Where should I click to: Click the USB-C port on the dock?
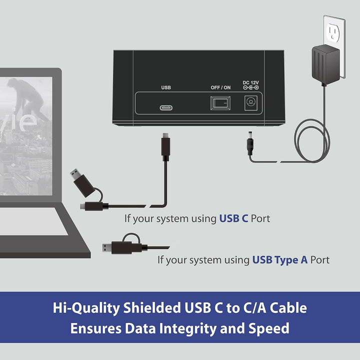pyautogui.click(x=166, y=107)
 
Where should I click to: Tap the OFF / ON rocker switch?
pyautogui.click(x=220, y=103)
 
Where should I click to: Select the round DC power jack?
pyautogui.click(x=250, y=101)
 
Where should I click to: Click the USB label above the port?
pyautogui.click(x=166, y=87)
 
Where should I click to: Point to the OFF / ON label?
pyautogui.click(x=220, y=87)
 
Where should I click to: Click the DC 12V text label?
pyautogui.click(x=250, y=82)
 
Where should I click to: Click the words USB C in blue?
pyautogui.click(x=233, y=218)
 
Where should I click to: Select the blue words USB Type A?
pyautogui.click(x=279, y=260)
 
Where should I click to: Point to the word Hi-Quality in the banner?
pyautogui.click(x=86, y=308)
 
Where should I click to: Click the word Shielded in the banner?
pyautogui.click(x=152, y=307)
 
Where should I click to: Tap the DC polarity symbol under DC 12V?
pyautogui.click(x=250, y=87)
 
